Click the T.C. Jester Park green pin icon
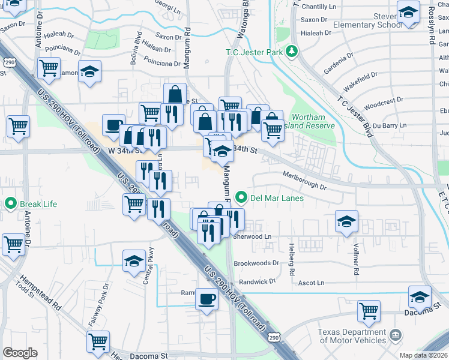coord(292,52)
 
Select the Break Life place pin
coord(10,203)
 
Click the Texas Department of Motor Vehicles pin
coord(396,334)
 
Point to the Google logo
coord(20,353)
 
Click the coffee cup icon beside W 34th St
coord(113,125)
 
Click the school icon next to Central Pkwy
coord(134,260)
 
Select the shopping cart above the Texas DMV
coord(369,310)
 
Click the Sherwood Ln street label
coord(252,237)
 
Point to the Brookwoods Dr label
coord(256,263)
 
